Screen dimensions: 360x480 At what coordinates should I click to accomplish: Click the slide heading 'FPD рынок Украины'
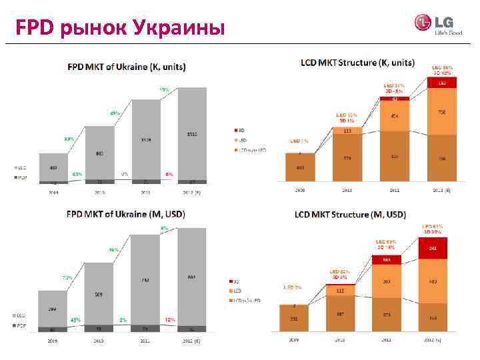coord(121,27)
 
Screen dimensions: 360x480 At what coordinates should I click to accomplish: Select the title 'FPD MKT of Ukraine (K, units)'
coord(126,67)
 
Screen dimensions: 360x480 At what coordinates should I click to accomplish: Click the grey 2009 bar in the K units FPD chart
coord(53,166)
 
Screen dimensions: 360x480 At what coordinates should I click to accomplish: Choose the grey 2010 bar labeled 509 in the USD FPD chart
coord(99,293)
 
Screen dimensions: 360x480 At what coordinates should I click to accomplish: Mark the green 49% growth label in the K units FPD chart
coord(115,113)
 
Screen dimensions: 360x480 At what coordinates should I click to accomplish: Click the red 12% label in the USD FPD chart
coord(170,320)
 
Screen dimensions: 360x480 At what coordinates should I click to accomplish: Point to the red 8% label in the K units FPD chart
coord(169,174)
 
